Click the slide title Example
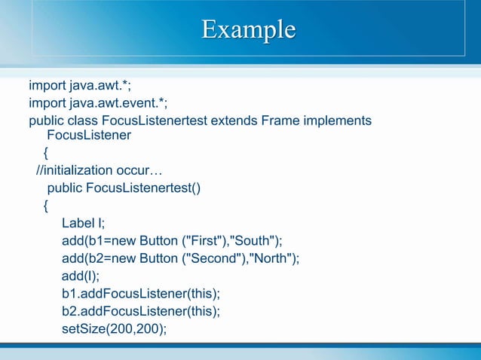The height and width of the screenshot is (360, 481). tap(248, 29)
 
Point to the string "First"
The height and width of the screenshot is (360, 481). tap(201, 240)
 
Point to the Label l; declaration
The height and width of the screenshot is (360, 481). tap(84, 222)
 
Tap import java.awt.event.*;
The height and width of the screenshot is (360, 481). tap(98, 102)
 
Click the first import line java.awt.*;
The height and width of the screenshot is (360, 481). tap(80, 85)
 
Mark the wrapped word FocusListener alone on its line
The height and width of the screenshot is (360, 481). tap(89, 136)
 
